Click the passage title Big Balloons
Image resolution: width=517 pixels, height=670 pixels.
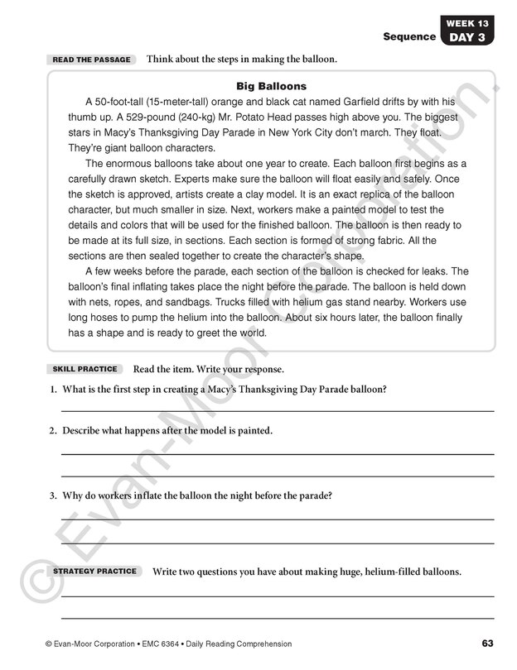click(271, 86)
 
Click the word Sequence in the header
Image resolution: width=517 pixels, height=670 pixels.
click(408, 36)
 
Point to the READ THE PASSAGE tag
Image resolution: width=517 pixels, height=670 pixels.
click(91, 60)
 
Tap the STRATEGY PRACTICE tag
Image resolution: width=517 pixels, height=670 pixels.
click(94, 572)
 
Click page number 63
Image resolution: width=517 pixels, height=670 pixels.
click(487, 644)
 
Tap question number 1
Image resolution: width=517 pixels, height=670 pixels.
click(52, 390)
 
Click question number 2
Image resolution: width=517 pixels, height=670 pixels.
click(52, 431)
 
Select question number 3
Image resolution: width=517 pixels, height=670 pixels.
click(52, 495)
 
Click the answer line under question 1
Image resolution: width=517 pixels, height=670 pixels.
click(278, 410)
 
